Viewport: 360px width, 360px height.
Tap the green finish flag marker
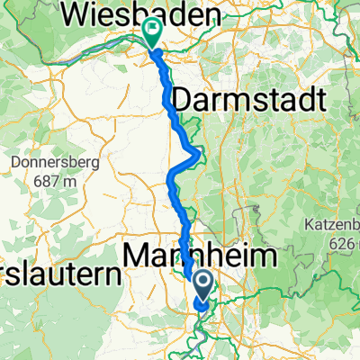[x=150, y=32]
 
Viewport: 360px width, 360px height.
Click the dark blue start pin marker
[x=204, y=286]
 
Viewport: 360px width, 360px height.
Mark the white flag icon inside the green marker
[x=150, y=30]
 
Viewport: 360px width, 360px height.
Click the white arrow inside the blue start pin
[x=204, y=284]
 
